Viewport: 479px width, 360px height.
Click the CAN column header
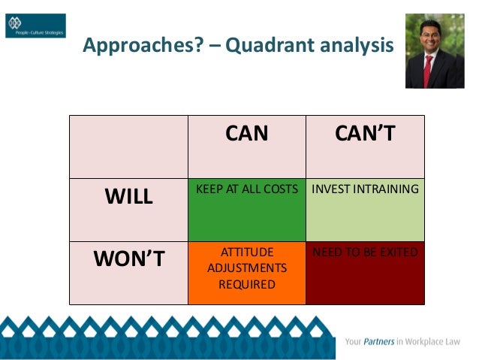point(247,134)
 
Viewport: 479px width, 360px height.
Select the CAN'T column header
point(365,134)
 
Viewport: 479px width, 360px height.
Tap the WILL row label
point(128,197)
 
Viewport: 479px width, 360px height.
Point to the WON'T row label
point(128,259)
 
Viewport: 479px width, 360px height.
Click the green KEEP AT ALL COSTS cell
point(247,210)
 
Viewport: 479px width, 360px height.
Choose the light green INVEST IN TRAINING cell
point(365,210)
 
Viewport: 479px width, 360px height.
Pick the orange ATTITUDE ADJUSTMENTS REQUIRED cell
point(247,272)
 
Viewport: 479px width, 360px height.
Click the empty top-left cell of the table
point(128,147)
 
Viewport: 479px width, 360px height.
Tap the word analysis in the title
point(354,47)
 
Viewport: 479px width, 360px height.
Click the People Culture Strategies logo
point(35,26)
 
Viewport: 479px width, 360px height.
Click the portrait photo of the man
point(430,51)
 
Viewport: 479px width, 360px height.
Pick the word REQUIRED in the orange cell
point(247,285)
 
